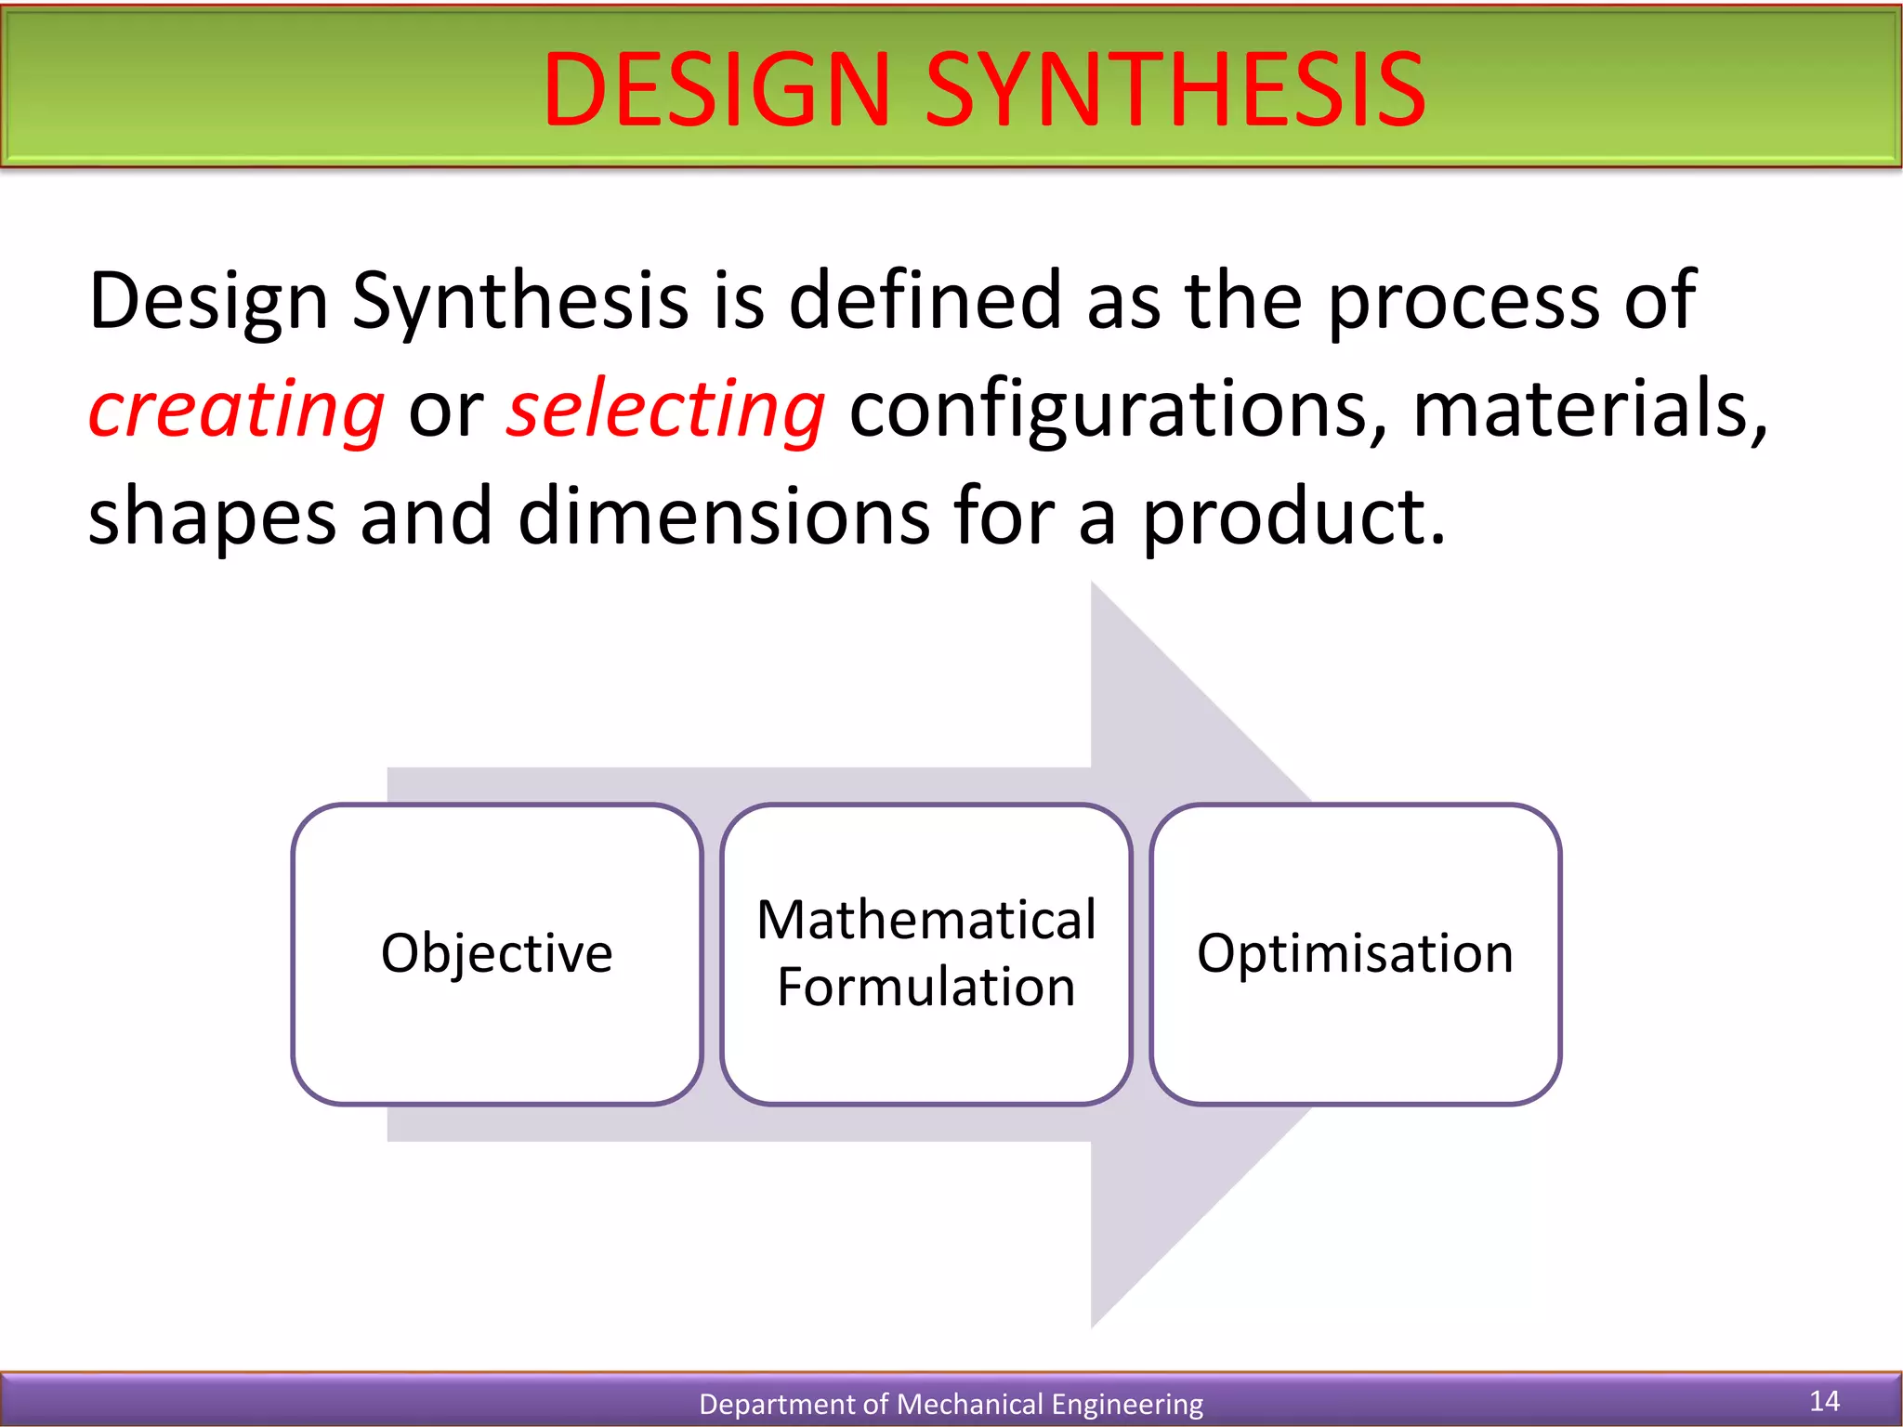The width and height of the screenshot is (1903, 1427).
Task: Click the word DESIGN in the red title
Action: click(x=716, y=90)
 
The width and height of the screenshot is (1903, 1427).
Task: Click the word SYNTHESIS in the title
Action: click(x=1175, y=90)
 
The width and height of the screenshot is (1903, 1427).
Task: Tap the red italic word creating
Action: click(x=236, y=410)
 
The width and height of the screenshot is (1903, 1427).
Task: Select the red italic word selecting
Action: click(x=665, y=410)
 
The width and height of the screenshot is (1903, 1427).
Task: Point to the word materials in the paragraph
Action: click(x=1589, y=410)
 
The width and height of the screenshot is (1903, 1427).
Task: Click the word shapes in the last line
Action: click(x=212, y=517)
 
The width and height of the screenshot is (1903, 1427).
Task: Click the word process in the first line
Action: click(x=1464, y=302)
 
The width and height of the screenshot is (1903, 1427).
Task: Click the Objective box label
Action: click(x=496, y=954)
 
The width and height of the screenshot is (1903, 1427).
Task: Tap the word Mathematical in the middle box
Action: click(x=925, y=921)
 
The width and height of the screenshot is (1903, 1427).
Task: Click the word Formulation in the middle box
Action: click(x=925, y=987)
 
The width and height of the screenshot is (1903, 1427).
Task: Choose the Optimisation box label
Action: click(x=1355, y=954)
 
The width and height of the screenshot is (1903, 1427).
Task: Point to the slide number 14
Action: click(x=1824, y=1401)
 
